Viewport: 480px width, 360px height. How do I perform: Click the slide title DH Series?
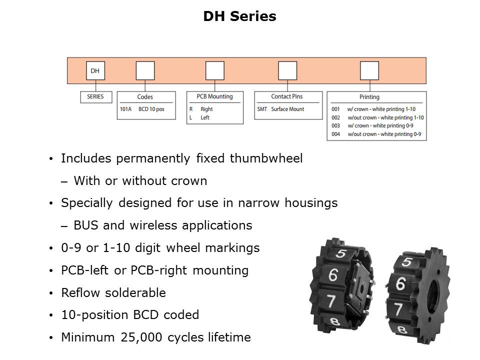coord(239,16)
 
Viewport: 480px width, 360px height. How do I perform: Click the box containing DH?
coord(95,70)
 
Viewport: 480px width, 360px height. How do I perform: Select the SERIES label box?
coord(95,96)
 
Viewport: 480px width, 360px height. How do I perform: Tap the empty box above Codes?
coord(145,70)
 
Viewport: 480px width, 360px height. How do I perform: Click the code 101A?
coord(126,109)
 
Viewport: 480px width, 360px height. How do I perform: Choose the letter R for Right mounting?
coord(191,109)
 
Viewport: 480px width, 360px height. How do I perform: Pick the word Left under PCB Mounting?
coord(205,117)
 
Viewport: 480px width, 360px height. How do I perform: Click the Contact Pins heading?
coord(287,96)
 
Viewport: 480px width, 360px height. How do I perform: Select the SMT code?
coord(262,109)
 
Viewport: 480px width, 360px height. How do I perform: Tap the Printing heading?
coord(369,97)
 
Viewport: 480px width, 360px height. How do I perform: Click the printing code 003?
coord(335,125)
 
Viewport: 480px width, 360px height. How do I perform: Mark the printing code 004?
coord(335,134)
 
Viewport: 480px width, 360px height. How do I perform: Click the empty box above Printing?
coord(369,70)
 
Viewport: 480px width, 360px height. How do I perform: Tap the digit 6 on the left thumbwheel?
coord(333,274)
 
